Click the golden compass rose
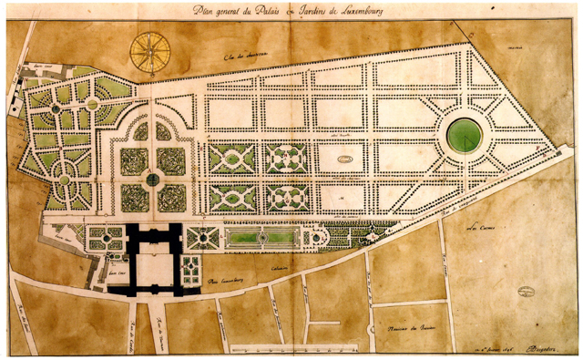click(x=150, y=51)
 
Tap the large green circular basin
click(x=465, y=135)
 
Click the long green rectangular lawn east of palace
click(x=262, y=238)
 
